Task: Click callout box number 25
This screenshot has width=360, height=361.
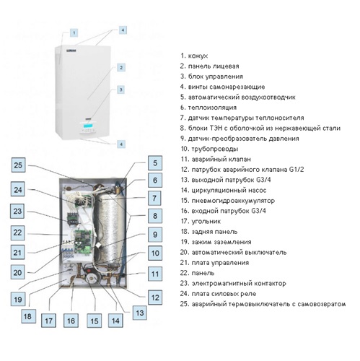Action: (18, 165)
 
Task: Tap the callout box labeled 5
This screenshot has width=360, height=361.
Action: (155, 163)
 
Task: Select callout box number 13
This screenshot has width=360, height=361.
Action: (140, 313)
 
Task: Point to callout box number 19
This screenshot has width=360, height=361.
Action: (18, 299)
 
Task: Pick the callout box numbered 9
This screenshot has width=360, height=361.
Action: (155, 234)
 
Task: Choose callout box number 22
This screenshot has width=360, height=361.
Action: (17, 232)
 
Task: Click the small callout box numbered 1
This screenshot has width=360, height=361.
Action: (74, 32)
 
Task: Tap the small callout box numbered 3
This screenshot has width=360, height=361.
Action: (121, 90)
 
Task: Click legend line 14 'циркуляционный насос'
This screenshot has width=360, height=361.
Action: (224, 191)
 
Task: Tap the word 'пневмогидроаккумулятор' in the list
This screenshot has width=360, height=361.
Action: (233, 201)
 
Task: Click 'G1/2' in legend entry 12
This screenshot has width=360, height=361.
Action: (297, 170)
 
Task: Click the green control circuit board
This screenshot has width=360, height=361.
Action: (83, 241)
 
